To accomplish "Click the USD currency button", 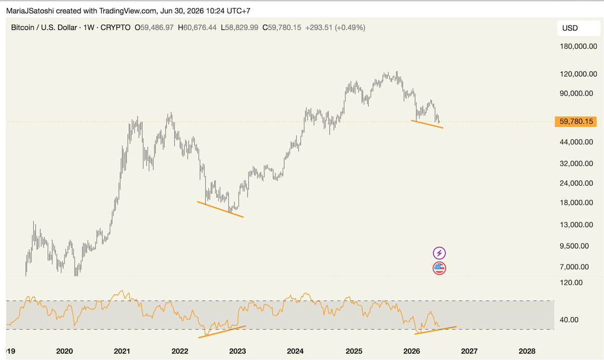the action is tap(578, 28).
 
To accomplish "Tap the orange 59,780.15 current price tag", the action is tap(576, 121).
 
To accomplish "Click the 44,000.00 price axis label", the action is tap(576, 142).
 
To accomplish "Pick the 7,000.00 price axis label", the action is tap(574, 267).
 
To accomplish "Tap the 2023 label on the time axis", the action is tap(237, 351).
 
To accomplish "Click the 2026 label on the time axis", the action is tap(412, 351).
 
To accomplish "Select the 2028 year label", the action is tap(527, 351).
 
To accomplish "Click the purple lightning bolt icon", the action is tap(439, 253).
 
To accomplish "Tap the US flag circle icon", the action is tap(439, 268).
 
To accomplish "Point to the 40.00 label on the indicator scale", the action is tap(569, 320).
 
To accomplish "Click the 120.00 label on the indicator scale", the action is tap(571, 282).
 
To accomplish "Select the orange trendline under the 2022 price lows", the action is tap(220, 209).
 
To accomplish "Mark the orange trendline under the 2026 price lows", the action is tap(427, 124).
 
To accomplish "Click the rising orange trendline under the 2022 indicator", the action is tap(222, 332).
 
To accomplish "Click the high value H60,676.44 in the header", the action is tap(197, 28).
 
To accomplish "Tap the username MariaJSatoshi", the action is tap(30, 11).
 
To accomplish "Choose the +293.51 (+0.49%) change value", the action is tap(335, 28).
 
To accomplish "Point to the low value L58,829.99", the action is tap(240, 28).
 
